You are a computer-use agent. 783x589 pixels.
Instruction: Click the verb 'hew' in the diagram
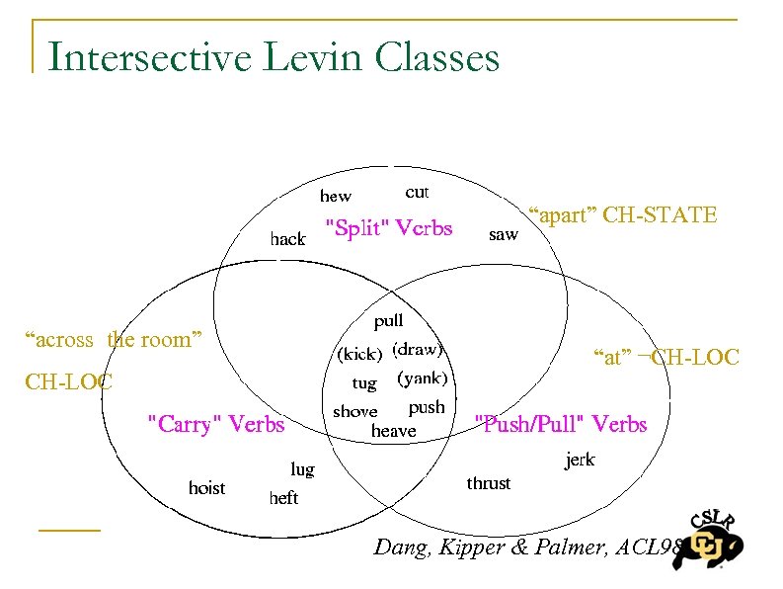click(x=335, y=197)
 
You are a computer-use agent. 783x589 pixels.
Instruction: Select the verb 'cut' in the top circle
click(x=417, y=192)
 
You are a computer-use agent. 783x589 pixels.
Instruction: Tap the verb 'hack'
click(x=287, y=238)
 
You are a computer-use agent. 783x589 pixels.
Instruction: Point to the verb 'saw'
click(x=503, y=234)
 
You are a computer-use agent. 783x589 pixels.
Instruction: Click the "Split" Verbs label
click(x=388, y=229)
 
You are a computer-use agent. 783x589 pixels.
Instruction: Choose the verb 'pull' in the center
click(x=388, y=320)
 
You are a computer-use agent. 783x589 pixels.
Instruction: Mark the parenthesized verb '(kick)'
click(x=359, y=353)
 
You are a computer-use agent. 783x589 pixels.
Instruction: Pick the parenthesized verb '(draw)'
click(x=418, y=349)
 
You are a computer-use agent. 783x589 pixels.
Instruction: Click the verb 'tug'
click(x=364, y=382)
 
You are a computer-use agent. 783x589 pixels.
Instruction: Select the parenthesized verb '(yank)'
click(x=422, y=378)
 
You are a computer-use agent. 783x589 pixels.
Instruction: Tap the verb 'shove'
click(x=355, y=411)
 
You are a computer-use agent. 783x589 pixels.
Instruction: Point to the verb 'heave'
click(x=393, y=431)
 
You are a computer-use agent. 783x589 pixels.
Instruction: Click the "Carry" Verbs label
click(x=215, y=425)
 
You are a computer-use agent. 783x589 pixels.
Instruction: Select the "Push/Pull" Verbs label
click(x=561, y=425)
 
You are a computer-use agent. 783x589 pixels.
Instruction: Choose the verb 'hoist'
click(x=206, y=488)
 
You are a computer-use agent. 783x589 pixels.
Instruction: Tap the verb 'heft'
click(x=283, y=498)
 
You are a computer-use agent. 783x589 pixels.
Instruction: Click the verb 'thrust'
click(x=489, y=483)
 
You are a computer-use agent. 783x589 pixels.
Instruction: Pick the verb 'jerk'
click(x=580, y=460)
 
